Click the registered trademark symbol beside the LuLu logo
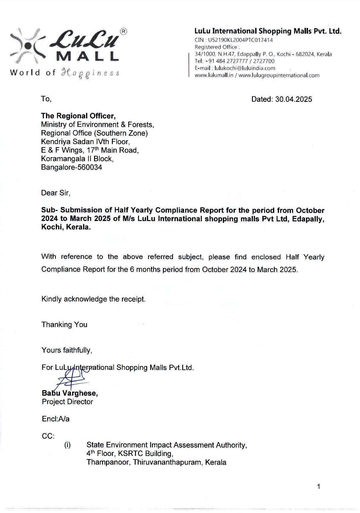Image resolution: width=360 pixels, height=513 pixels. pyautogui.click(x=123, y=32)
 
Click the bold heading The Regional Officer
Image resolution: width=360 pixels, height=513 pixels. pyautogui.click(x=78, y=116)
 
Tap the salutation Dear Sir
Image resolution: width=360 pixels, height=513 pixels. pyautogui.click(x=55, y=193)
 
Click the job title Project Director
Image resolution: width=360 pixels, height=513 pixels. pyautogui.click(x=67, y=402)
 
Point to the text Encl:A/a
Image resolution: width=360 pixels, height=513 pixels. pyautogui.click(x=55, y=419)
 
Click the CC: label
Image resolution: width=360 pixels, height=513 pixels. pyautogui.click(x=48, y=436)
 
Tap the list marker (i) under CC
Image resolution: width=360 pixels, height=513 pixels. pyautogui.click(x=67, y=445)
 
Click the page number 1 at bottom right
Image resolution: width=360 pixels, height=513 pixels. pyautogui.click(x=318, y=487)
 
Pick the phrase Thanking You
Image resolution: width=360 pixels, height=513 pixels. pyautogui.click(x=64, y=325)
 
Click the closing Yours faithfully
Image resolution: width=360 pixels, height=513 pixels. pyautogui.click(x=67, y=351)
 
